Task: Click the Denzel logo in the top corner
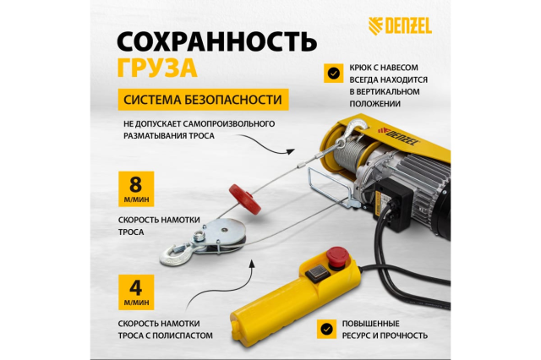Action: (400, 26)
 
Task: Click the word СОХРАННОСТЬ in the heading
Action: (216, 41)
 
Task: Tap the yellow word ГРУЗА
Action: (157, 68)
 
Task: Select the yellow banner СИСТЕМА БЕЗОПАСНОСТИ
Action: (203, 100)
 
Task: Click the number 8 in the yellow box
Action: (135, 184)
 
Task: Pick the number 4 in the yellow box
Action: (135, 287)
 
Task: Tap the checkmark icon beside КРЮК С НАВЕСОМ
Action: (333, 74)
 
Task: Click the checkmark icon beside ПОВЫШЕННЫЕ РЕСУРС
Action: (326, 329)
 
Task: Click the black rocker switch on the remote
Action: (318, 272)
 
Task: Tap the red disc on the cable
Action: (245, 199)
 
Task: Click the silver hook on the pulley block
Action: (174, 254)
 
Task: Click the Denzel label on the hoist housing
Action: (398, 135)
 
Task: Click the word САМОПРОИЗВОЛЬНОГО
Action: (229, 123)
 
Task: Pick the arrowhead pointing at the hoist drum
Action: (291, 151)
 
